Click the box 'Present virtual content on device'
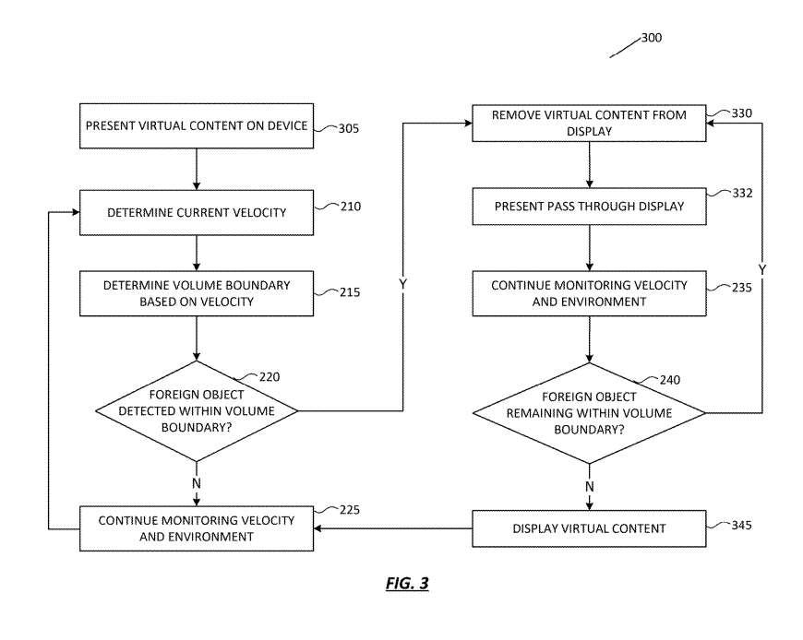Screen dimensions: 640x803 197,126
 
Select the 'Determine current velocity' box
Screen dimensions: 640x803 197,212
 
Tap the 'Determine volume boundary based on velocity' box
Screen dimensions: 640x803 197,292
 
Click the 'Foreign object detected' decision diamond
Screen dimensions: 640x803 197,409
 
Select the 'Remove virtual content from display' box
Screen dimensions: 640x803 590,124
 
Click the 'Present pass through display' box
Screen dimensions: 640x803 590,207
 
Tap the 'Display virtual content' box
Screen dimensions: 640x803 590,528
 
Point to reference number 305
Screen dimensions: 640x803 348,129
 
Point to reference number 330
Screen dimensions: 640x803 741,113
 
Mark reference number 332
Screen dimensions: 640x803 741,195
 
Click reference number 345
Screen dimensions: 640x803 741,526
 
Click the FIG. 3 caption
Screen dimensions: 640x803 406,584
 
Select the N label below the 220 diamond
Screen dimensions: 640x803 197,482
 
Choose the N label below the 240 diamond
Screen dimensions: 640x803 590,486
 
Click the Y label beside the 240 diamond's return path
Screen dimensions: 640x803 762,269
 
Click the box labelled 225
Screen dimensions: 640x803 197,528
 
